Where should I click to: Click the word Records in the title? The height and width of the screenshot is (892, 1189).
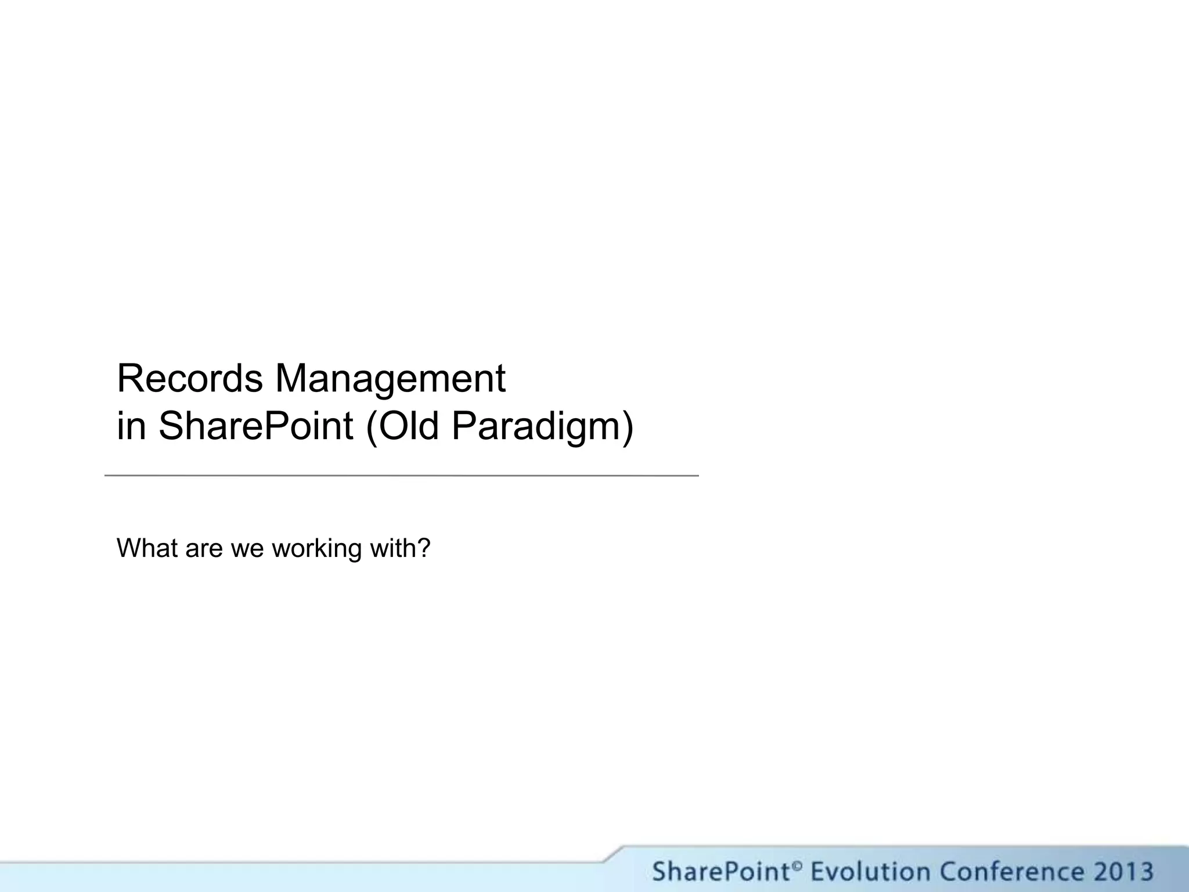click(190, 379)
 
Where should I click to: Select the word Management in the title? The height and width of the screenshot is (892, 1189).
click(390, 379)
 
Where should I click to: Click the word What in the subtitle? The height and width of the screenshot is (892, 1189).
click(147, 548)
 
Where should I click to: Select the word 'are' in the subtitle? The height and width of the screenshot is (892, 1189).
click(204, 549)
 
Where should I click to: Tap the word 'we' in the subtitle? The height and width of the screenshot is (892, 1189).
click(247, 549)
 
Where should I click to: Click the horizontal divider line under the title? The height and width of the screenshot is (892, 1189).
click(401, 476)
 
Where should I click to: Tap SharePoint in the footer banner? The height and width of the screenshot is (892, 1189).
click(720, 872)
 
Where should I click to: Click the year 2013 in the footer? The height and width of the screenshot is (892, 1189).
click(1122, 872)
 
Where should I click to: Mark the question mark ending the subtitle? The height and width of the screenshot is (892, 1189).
click(424, 548)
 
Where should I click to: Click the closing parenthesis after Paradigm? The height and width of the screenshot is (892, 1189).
click(627, 427)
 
